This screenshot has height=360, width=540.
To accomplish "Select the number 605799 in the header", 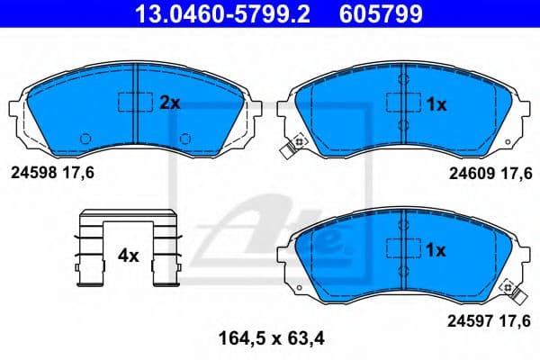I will [x=377, y=13].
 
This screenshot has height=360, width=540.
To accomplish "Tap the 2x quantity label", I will [x=169, y=103].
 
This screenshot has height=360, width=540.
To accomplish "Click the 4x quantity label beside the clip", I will [x=128, y=256].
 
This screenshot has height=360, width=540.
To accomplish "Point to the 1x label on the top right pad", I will [x=436, y=104].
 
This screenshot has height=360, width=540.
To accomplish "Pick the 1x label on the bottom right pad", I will [x=436, y=251].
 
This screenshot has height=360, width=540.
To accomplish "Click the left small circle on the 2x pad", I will [x=85, y=139].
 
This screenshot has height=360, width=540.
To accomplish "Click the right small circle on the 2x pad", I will [x=184, y=139].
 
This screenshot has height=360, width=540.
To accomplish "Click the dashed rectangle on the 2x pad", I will [x=135, y=101].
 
